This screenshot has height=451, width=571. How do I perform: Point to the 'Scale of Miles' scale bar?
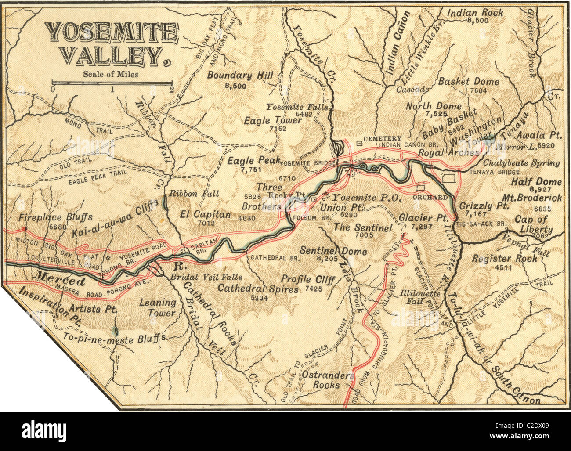[112, 83]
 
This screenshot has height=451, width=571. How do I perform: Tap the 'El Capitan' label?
[206, 214]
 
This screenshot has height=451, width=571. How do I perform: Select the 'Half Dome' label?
[536, 182]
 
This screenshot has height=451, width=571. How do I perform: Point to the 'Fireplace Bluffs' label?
[55, 217]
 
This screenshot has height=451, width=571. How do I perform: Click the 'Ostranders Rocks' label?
[328, 380]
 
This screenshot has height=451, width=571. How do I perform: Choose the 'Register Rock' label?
[504, 258]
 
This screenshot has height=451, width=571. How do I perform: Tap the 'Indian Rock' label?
[475, 13]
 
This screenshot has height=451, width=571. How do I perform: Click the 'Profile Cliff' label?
[308, 279]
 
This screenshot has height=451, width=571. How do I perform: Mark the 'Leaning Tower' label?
[157, 307]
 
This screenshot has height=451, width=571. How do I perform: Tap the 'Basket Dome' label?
[469, 81]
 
